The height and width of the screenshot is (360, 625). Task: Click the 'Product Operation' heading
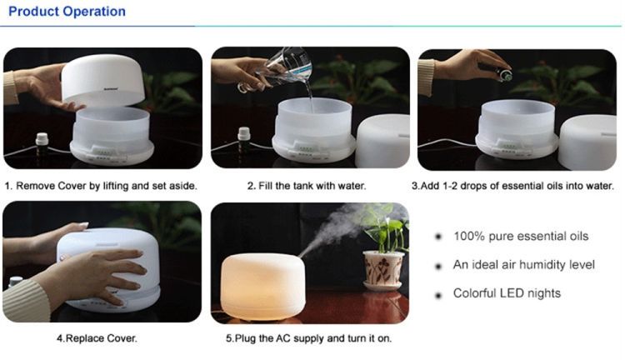click(x=67, y=12)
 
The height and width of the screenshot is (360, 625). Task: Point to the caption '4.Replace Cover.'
click(x=97, y=338)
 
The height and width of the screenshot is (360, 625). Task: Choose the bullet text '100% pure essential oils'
click(x=521, y=236)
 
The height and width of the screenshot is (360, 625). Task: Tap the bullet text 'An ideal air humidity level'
click(x=524, y=265)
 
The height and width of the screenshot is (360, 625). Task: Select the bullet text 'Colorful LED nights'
click(x=507, y=293)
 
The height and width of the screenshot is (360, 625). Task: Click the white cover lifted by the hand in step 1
click(x=103, y=81)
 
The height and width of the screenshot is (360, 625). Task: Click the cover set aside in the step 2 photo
click(x=382, y=141)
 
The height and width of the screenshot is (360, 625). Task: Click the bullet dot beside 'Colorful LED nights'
click(x=438, y=295)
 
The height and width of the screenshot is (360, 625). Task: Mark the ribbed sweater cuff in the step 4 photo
click(x=27, y=301)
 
